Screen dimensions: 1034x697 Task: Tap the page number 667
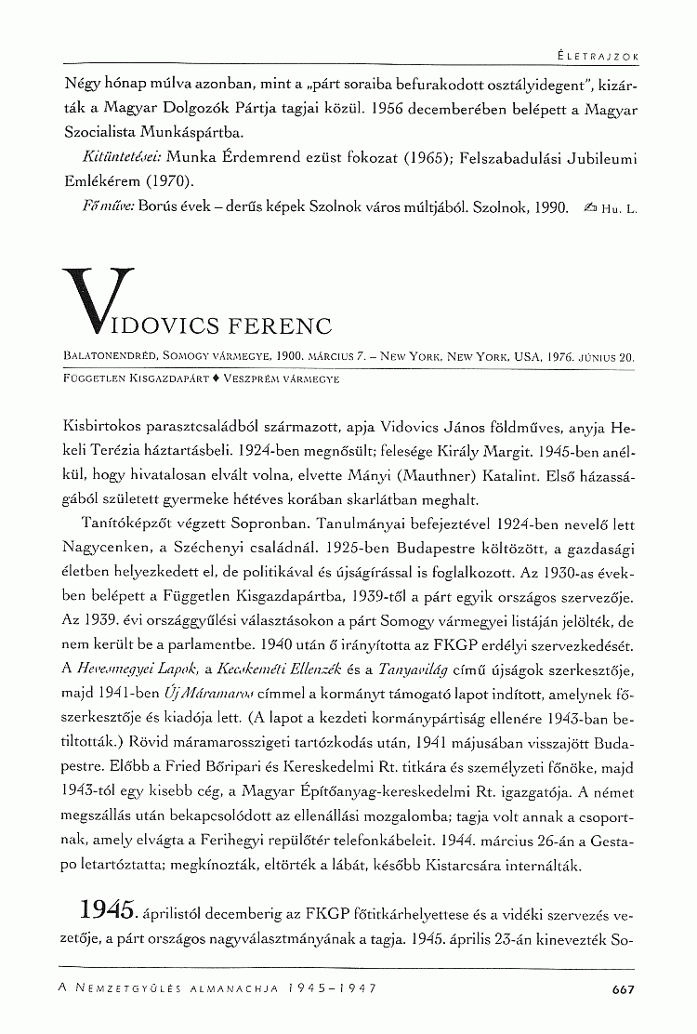624,988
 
